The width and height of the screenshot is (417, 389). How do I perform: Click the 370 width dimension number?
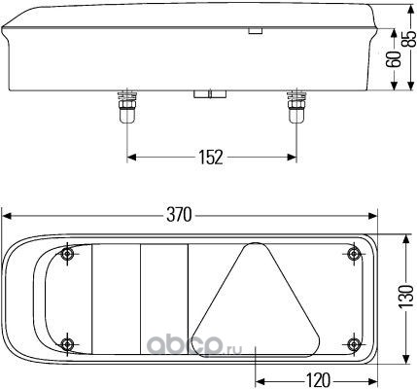179,215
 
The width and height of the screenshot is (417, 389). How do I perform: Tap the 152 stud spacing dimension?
211,158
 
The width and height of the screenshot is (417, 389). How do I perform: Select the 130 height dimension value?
406,297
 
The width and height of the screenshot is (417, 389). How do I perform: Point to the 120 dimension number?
318,380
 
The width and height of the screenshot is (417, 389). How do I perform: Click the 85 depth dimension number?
409,39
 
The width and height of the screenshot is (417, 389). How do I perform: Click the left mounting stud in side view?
126,107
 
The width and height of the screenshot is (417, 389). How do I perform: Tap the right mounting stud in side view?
295,107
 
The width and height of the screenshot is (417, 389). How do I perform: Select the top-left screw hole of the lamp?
67,254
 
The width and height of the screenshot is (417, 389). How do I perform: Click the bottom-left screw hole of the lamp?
67,343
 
